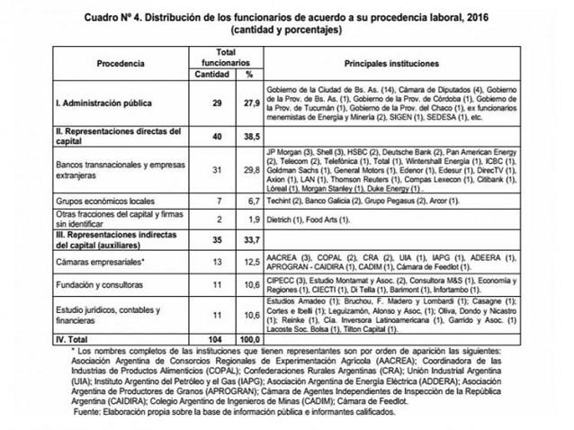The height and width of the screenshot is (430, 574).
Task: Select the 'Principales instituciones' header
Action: click(x=397, y=65)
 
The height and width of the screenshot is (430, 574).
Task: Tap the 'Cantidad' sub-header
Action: click(x=215, y=75)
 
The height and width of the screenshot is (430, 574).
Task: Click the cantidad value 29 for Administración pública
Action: click(x=215, y=104)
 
